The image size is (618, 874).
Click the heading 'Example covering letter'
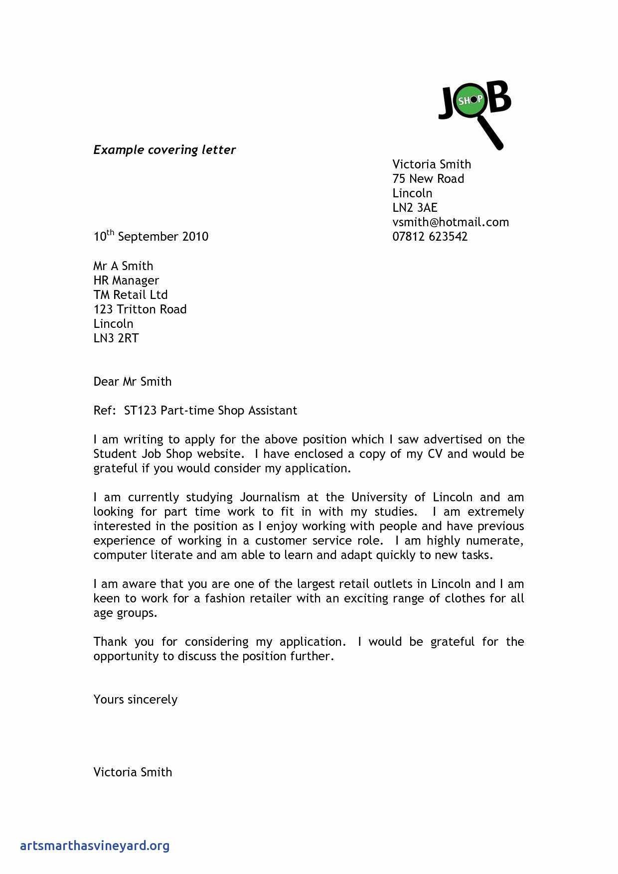click(164, 149)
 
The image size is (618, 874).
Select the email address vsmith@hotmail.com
click(451, 222)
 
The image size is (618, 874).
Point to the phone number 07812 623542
click(430, 236)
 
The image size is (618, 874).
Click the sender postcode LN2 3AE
click(415, 207)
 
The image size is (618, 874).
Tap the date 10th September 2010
click(151, 236)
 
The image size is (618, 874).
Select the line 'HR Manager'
click(126, 280)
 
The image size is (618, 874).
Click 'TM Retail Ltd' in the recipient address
click(131, 294)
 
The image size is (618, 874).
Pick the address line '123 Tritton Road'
click(140, 309)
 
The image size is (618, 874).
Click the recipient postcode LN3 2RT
click(116, 338)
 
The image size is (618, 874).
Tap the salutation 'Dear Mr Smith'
click(133, 381)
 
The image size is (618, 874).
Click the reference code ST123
click(140, 410)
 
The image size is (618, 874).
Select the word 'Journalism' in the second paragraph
click(270, 497)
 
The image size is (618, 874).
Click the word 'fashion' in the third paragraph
click(224, 598)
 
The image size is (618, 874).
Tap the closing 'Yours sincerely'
click(136, 699)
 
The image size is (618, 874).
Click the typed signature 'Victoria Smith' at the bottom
click(133, 772)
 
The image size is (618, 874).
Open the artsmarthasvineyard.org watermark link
click(95, 845)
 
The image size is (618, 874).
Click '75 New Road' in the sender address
click(428, 178)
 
